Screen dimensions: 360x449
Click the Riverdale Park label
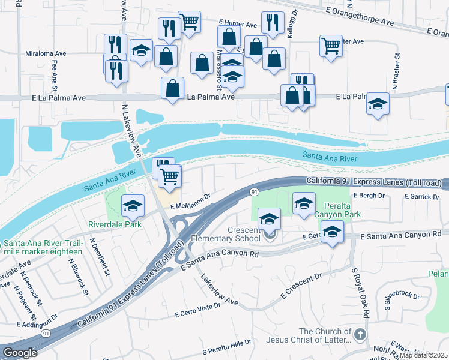coord(115,224)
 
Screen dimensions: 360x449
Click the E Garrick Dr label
coord(426,196)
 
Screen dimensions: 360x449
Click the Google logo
coord(20,353)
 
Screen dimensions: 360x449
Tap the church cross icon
coord(360,334)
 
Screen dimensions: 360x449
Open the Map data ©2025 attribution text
coord(423,355)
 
